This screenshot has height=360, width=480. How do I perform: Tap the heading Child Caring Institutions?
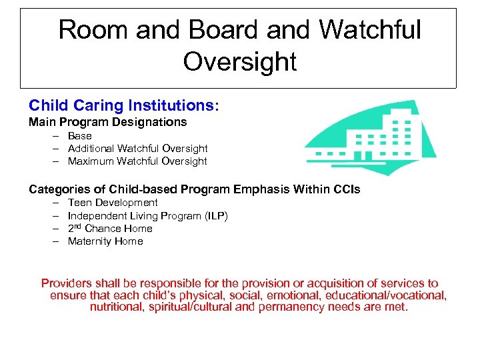click(x=123, y=106)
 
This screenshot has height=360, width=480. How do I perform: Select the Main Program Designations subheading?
click(x=107, y=122)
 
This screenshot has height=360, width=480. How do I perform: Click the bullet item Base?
click(x=79, y=136)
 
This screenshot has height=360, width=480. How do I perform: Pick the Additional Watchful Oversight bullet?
click(x=137, y=149)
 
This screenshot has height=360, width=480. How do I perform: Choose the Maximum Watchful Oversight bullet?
click(x=137, y=161)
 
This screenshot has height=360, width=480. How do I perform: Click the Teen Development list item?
click(x=113, y=203)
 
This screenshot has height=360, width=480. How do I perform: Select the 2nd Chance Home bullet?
click(x=110, y=229)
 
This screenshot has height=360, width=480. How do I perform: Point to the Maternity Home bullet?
click(x=105, y=241)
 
